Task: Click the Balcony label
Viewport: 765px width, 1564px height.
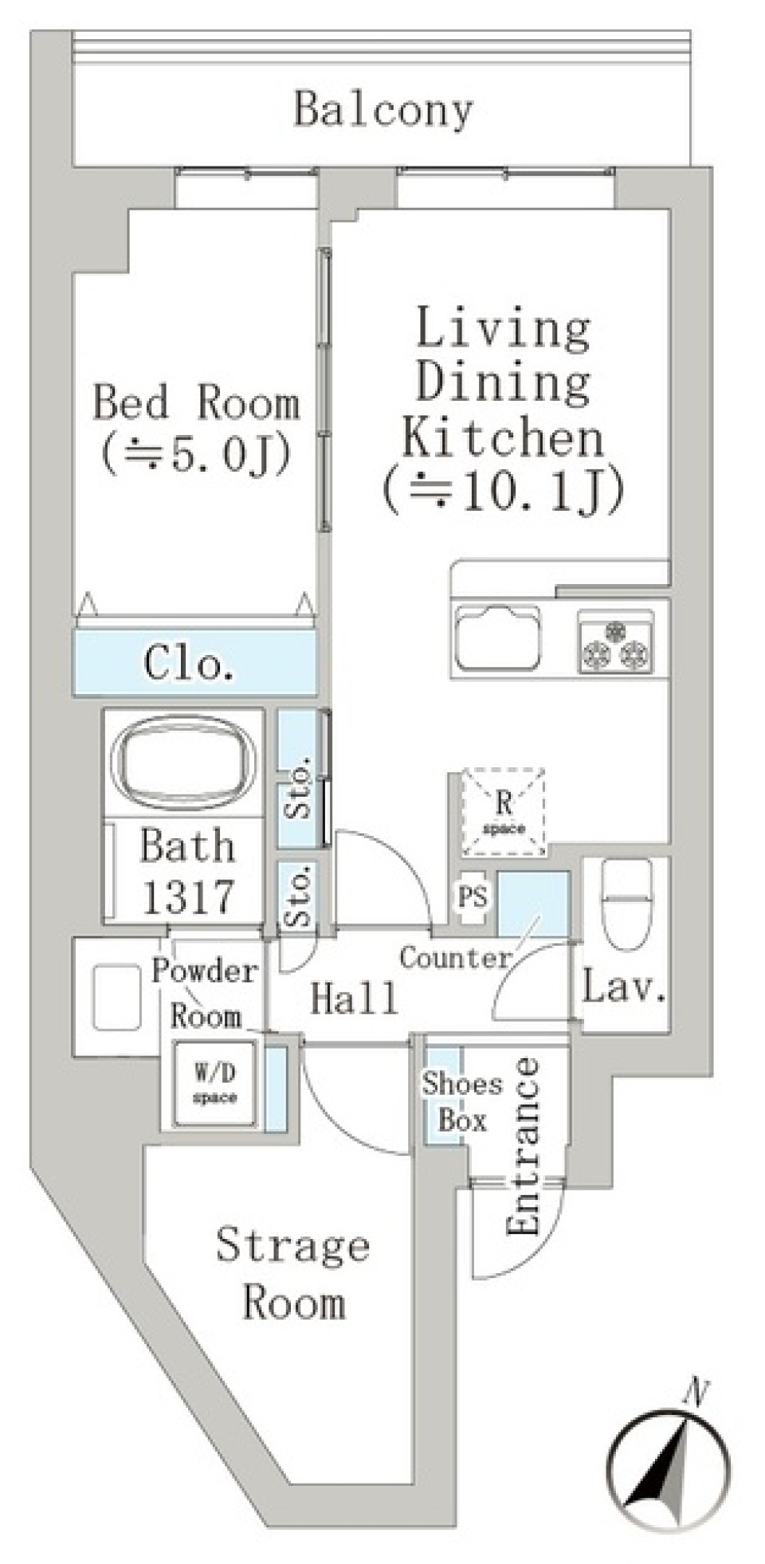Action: tap(383, 110)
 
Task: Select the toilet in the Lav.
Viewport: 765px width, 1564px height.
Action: tap(627, 903)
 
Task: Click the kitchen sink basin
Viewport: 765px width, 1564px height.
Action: tap(496, 637)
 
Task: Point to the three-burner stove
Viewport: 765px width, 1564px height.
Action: tap(615, 641)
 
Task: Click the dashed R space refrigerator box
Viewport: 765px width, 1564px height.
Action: tap(504, 812)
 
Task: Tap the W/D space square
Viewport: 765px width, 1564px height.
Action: tap(215, 1084)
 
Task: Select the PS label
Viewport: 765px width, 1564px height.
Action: tap(472, 897)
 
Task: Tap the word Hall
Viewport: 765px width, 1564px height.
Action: tap(354, 998)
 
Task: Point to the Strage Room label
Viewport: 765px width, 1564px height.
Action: tap(293, 1273)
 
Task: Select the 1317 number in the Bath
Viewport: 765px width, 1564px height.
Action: tap(188, 897)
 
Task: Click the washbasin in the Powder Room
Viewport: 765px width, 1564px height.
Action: tap(116, 997)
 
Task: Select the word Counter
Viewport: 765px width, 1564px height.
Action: tap(455, 957)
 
